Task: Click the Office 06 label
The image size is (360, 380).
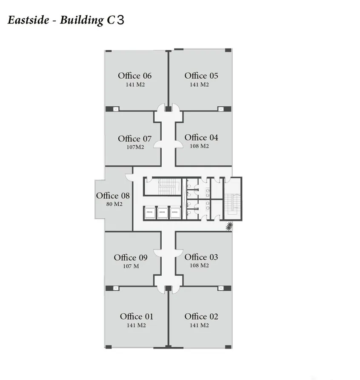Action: click(134, 76)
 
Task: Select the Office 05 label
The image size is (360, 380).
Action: click(201, 76)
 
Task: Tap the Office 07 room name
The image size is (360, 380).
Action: click(134, 139)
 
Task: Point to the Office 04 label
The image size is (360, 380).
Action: click(201, 137)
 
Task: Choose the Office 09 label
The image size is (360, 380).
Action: click(131, 258)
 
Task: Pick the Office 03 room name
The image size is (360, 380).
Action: click(201, 257)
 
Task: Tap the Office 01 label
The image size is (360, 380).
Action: click(136, 316)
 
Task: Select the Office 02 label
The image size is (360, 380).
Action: click(201, 316)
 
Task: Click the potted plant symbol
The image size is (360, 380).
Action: click(230, 227)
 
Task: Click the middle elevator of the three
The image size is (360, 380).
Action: click(162, 212)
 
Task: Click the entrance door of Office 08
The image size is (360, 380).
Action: click(129, 178)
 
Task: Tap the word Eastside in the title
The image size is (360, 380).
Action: click(29, 20)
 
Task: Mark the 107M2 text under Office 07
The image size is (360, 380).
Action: click(134, 147)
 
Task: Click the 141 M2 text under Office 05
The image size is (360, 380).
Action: click(199, 85)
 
